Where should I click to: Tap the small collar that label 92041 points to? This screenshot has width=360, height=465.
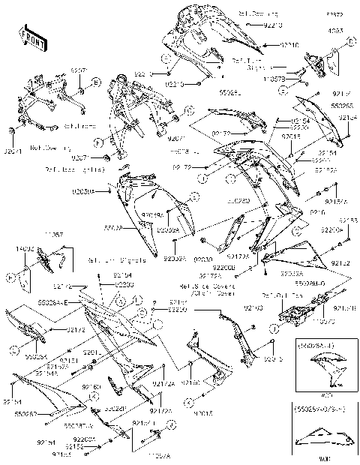click(x=13, y=132)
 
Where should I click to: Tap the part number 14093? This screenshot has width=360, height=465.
click(x=335, y=31)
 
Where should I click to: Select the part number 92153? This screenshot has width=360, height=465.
click(x=349, y=220)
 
